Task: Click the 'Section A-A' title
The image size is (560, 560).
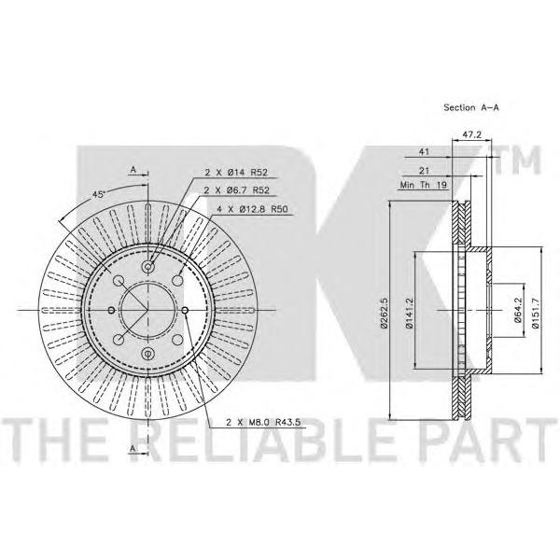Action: coord(471,107)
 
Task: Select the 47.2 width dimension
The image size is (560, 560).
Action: coord(471,134)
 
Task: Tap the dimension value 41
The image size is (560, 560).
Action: coord(424,152)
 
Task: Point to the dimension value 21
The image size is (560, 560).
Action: coord(424,171)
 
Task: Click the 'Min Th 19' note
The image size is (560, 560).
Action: coord(423,185)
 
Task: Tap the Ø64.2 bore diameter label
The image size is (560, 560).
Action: coord(518,310)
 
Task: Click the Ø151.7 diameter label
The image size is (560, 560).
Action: coord(535,311)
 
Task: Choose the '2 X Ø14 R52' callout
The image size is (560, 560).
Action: coord(236,173)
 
